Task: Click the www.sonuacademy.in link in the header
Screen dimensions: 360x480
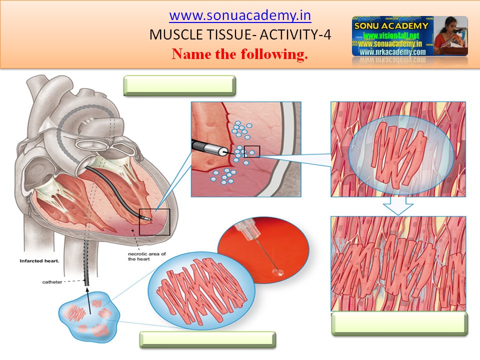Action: tap(240, 15)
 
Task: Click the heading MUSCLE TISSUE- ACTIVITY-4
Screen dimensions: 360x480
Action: tap(240, 35)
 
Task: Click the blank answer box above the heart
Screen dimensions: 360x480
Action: tap(179, 85)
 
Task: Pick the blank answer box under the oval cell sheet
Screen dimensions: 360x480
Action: tap(207, 339)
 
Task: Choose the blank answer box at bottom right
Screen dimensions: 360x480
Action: tap(399, 323)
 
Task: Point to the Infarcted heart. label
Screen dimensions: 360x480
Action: tap(39, 261)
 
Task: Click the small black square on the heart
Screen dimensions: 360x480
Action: tap(154, 222)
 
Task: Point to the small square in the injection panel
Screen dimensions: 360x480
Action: tap(252, 151)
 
